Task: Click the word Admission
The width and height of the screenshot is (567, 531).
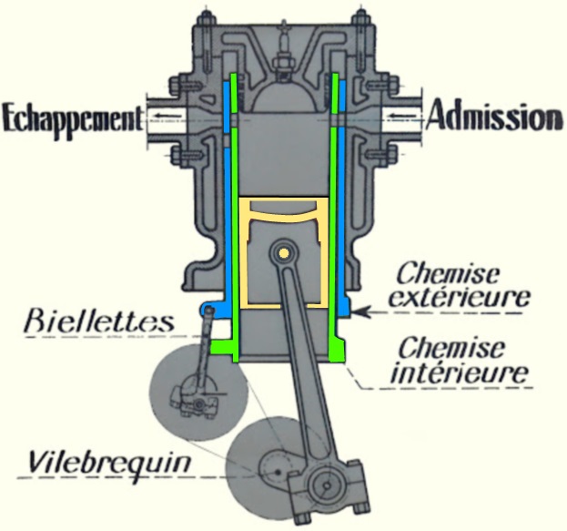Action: [x=494, y=117]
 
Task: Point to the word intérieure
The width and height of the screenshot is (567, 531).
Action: [x=464, y=372]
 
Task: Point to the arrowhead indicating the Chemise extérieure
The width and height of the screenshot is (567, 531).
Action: [x=361, y=311]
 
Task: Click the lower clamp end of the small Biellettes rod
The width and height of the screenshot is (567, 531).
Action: [x=193, y=401]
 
